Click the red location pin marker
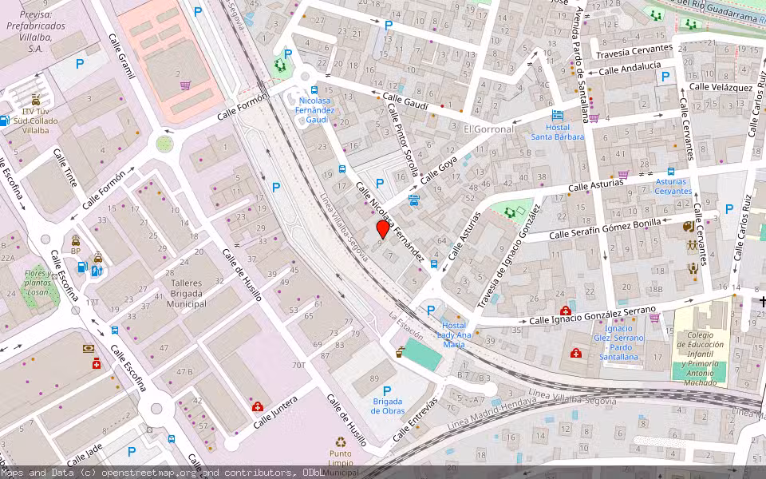click(383, 229)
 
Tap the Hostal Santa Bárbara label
click(558, 132)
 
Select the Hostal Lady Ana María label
click(452, 335)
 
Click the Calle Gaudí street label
click(405, 101)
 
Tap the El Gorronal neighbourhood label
click(489, 129)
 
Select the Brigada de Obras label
click(387, 406)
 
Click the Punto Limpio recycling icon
click(341, 441)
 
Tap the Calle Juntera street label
click(275, 413)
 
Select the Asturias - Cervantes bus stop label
click(673, 186)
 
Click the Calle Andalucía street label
click(630, 69)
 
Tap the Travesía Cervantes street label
click(635, 49)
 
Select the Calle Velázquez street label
click(721, 86)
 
